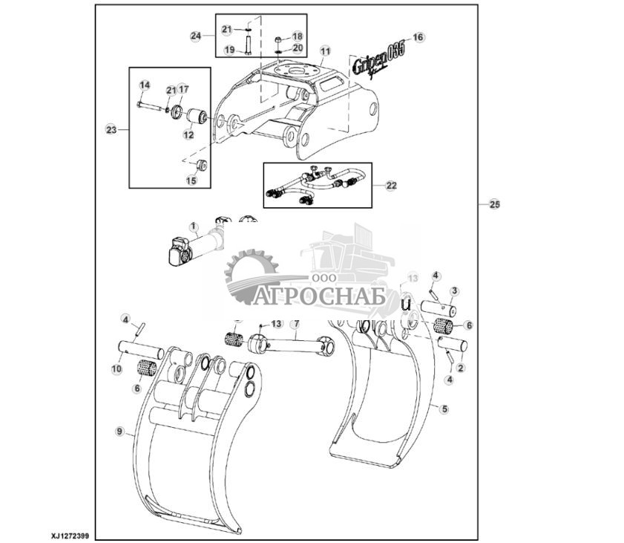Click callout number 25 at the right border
pos(494,204)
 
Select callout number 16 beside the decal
pos(417,36)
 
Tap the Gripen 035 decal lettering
pos(378,56)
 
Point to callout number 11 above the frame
pos(324,51)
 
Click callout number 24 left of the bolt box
pos(196,35)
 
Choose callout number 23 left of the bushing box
pos(111,129)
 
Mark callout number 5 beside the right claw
pos(444,409)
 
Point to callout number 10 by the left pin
pos(116,368)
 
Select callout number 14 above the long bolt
pos(145,85)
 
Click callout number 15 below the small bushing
pos(191,180)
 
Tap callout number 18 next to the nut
pos(297,36)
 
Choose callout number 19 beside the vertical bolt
pos(229,50)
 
